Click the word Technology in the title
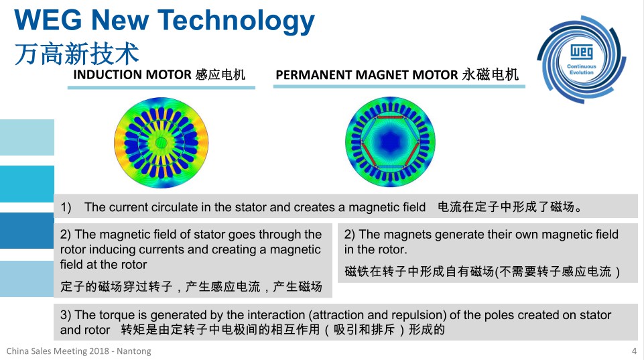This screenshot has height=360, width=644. (236, 21)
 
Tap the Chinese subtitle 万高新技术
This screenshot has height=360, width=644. (77, 54)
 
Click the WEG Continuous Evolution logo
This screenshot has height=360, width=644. (581, 60)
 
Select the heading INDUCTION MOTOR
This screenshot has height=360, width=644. (132, 75)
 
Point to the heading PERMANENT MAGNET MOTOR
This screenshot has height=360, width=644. (367, 75)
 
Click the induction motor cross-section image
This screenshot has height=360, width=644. (161, 143)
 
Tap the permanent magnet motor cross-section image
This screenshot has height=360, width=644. (390, 141)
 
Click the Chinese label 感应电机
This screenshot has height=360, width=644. (220, 75)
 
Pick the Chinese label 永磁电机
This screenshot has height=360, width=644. (491, 75)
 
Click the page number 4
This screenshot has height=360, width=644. (634, 351)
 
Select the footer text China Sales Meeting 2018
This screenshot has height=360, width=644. (58, 351)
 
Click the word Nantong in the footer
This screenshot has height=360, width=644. (134, 351)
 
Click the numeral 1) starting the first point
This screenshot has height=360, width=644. (66, 207)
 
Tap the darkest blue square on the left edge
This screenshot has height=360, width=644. (27, 231)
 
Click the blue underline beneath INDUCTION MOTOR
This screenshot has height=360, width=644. (162, 88)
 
